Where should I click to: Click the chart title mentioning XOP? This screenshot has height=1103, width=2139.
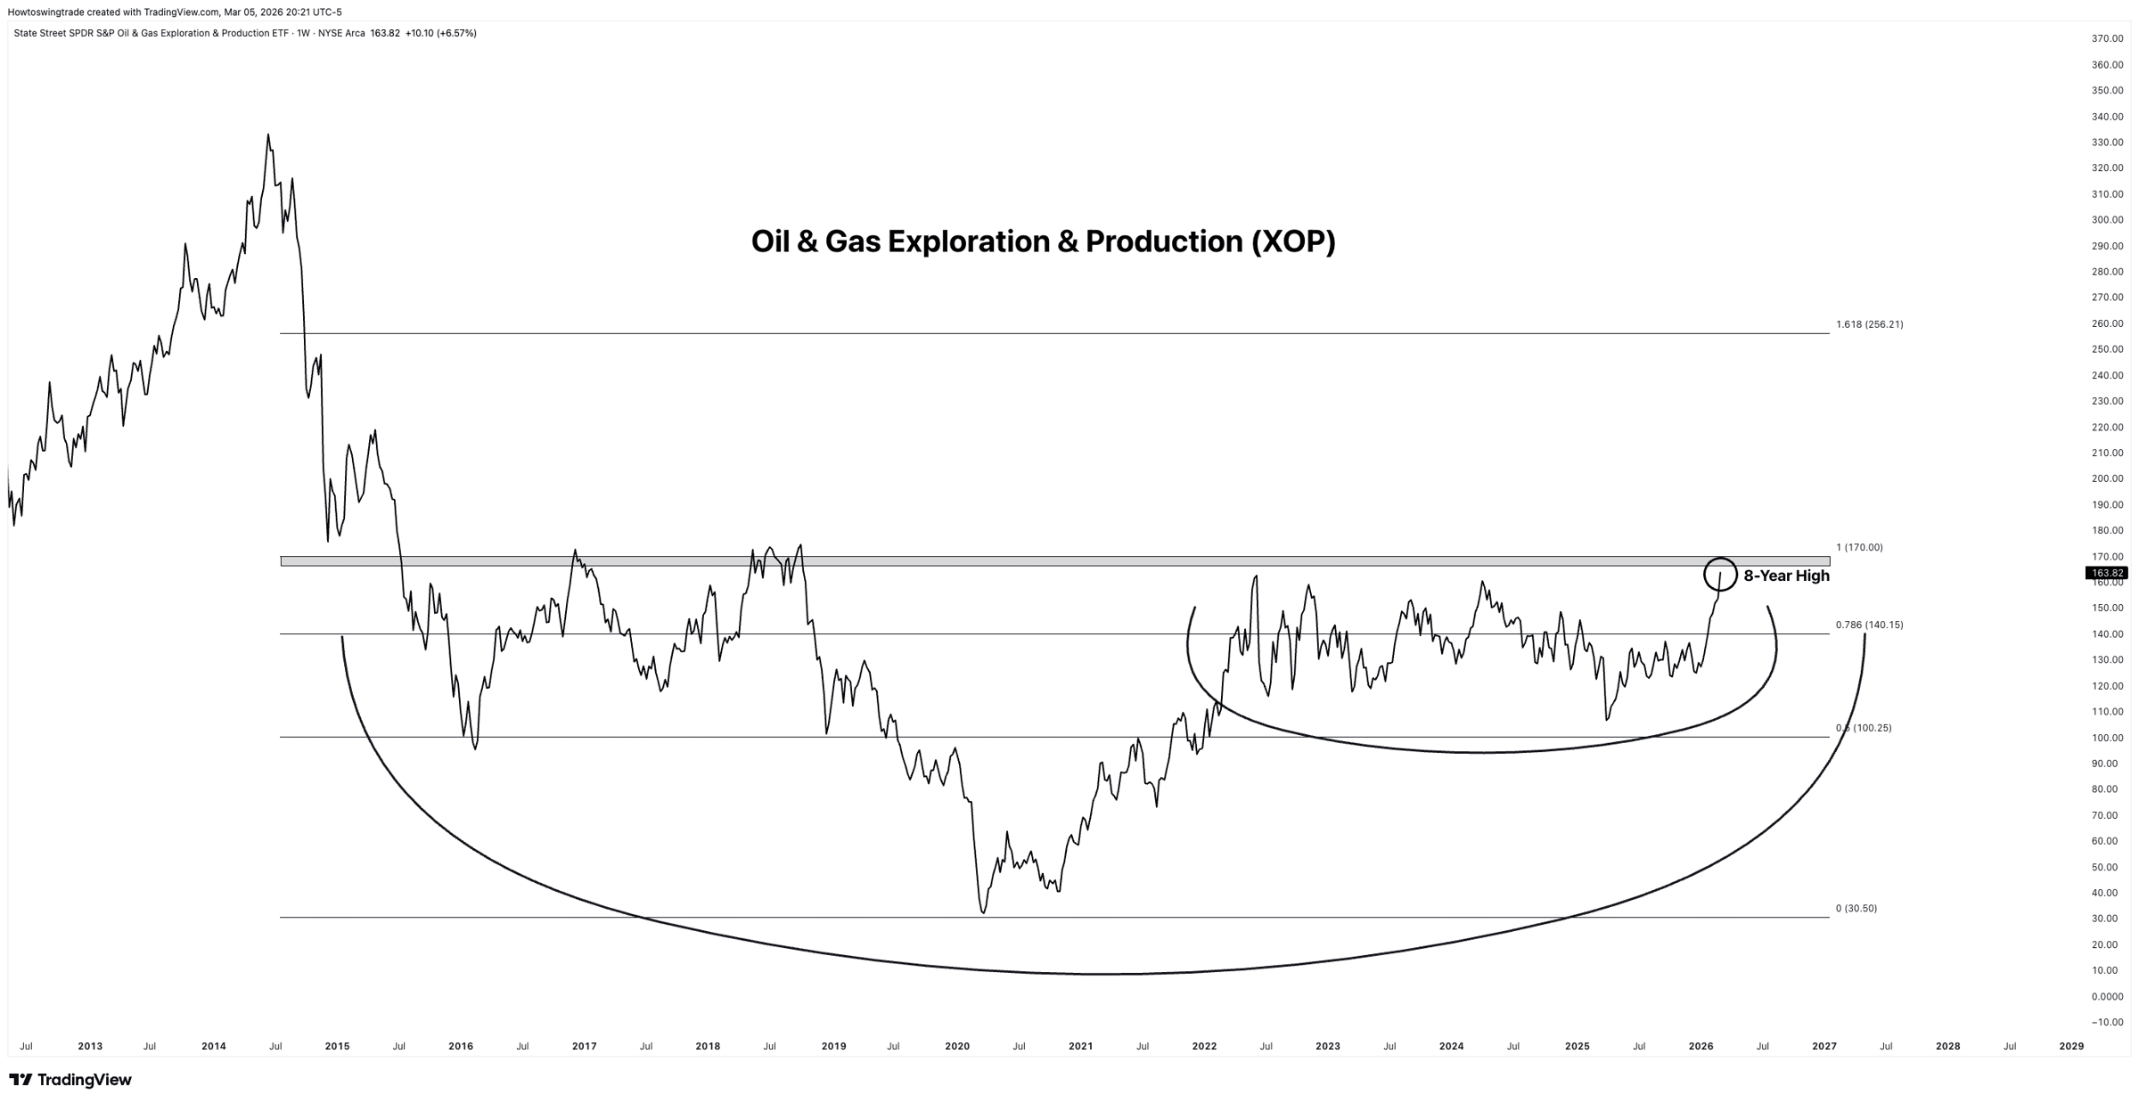[x=1043, y=241]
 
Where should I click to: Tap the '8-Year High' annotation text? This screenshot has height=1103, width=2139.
[x=1786, y=576]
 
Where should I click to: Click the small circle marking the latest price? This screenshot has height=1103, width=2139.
[x=1719, y=574]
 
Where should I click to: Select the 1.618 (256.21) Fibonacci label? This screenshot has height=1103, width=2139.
[x=1869, y=324]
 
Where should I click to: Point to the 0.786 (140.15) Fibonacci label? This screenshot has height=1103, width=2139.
[x=1869, y=625]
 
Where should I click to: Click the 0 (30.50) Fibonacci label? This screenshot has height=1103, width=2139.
[x=1856, y=908]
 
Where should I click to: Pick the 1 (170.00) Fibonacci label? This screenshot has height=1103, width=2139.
[x=1859, y=547]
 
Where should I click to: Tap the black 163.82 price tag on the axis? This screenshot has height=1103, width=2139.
[x=2108, y=573]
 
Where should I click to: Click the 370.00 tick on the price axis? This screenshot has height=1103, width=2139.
[x=2107, y=38]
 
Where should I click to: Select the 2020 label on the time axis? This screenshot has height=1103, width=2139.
[x=956, y=1046]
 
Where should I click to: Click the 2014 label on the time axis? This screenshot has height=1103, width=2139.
[x=214, y=1046]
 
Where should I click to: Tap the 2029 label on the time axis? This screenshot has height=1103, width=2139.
[x=2071, y=1046]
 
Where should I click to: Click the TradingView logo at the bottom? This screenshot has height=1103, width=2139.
[x=70, y=1080]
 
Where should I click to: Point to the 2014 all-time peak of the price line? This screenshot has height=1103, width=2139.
[x=267, y=135]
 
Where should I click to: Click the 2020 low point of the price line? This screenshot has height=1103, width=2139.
[x=983, y=912]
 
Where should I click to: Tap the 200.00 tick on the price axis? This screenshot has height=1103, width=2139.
[x=2107, y=478]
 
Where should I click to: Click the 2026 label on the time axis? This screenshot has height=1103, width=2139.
[x=1701, y=1046]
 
